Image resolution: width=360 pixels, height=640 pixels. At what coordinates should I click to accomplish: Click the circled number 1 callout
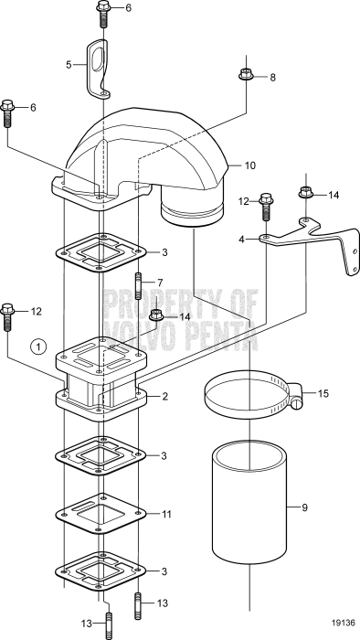coord(37,347)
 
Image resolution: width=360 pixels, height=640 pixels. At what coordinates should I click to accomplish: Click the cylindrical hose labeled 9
coord(250,505)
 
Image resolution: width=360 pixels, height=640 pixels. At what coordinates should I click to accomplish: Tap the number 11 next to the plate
coord(165,515)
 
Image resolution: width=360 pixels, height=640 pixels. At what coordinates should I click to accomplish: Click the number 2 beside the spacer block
coord(164,397)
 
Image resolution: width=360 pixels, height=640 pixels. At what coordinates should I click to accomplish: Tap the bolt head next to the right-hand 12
coord(267,204)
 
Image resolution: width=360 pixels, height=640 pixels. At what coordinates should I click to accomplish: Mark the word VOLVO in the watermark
coord(134,336)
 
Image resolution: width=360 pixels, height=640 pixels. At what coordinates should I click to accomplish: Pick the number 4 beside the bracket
coord(241,239)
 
